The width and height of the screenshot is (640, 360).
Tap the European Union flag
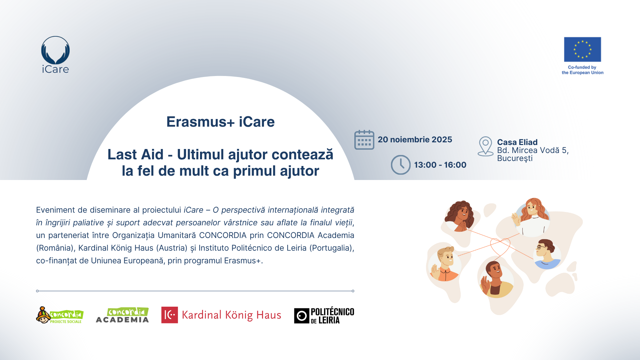(x=582, y=49)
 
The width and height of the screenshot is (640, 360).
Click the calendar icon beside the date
(x=364, y=140)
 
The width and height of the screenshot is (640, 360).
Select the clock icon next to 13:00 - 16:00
(x=401, y=165)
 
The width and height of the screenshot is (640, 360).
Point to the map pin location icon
(x=485, y=146)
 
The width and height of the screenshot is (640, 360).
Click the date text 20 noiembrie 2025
(x=415, y=140)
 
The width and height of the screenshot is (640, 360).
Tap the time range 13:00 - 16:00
(x=440, y=165)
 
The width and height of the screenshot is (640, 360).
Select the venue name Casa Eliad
(x=517, y=142)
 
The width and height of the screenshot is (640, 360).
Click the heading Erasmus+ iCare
(x=220, y=122)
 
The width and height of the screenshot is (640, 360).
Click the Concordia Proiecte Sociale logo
(x=60, y=315)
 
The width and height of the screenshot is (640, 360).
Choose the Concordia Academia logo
(x=122, y=315)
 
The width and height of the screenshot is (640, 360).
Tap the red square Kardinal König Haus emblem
(x=169, y=315)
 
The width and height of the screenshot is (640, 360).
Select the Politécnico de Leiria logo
(x=324, y=316)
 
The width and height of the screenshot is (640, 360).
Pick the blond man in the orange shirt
(x=444, y=264)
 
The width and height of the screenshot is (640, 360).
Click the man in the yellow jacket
(x=496, y=279)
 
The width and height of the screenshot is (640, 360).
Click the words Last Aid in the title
(x=135, y=155)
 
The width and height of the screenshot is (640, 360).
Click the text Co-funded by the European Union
(x=582, y=70)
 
